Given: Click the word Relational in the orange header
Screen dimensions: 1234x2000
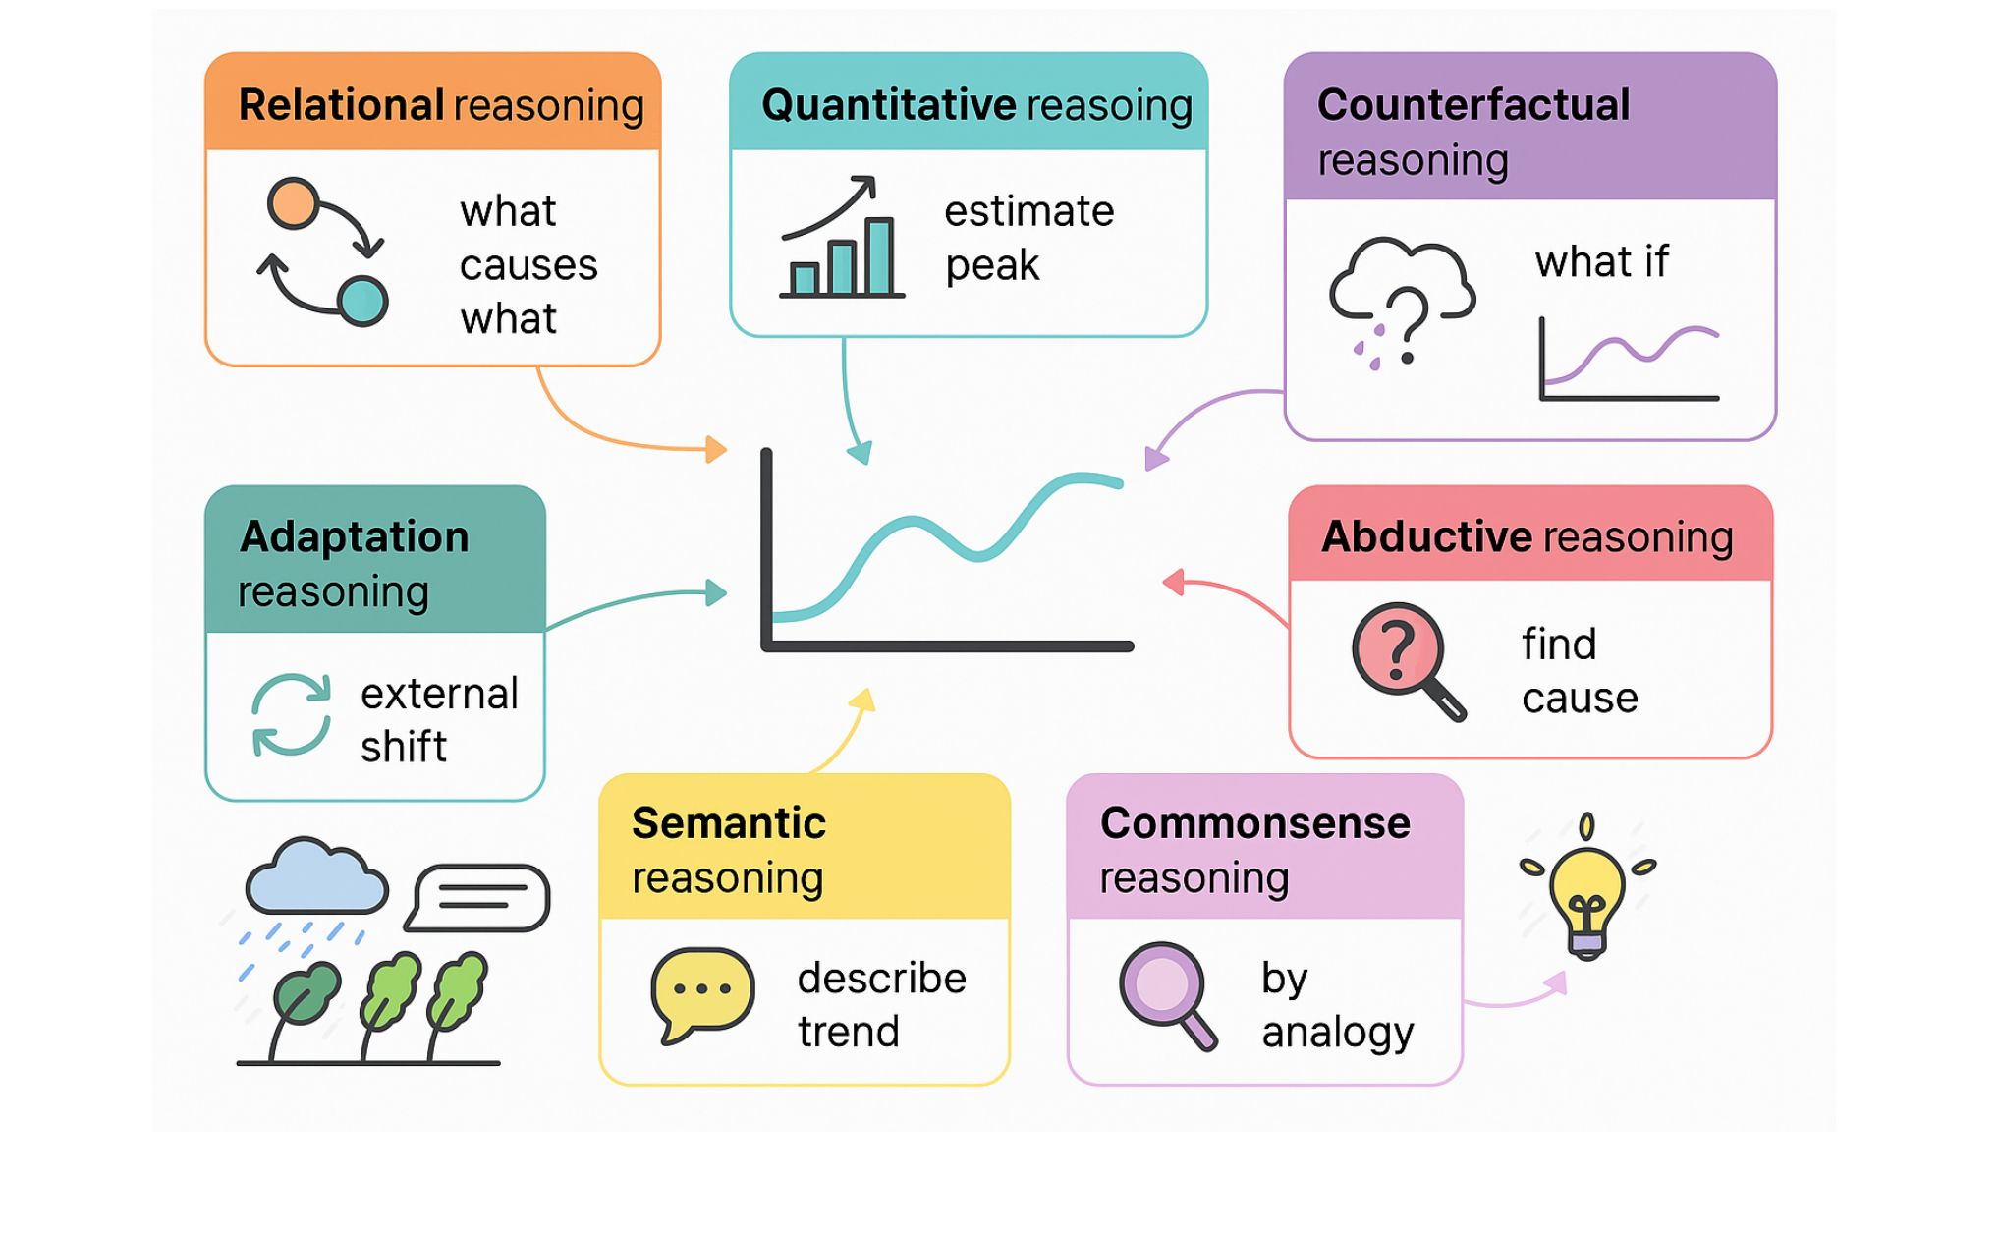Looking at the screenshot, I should point(341,105).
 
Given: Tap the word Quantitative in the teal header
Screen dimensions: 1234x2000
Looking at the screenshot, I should point(874,105).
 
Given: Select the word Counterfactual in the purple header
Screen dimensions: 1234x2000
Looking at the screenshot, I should point(1472,105).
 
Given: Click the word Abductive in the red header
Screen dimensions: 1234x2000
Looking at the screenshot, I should point(1426,536).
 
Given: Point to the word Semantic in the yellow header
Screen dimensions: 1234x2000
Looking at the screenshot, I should point(728,823).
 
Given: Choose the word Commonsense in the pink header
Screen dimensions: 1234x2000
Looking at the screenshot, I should point(1254,823).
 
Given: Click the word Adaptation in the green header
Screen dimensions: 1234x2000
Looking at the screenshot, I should point(354,537).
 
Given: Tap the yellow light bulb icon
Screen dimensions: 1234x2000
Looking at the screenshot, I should point(1586,894).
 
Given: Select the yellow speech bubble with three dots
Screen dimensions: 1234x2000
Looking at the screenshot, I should point(701,992).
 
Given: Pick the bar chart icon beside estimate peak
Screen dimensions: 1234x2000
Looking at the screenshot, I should point(841,241).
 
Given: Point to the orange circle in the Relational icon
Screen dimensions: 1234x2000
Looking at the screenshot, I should point(293,203).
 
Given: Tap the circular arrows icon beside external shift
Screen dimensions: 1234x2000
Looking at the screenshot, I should point(291,714).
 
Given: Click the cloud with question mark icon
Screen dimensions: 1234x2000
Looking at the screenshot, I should point(1401,295).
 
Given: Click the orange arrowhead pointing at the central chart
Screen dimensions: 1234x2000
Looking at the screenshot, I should point(717,450).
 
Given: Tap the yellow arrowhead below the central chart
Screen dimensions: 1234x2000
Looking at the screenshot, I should point(863,700).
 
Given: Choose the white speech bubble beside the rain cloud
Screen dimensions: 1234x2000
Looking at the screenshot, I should point(479,896).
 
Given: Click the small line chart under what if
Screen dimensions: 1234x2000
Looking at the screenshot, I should point(1629,360).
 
